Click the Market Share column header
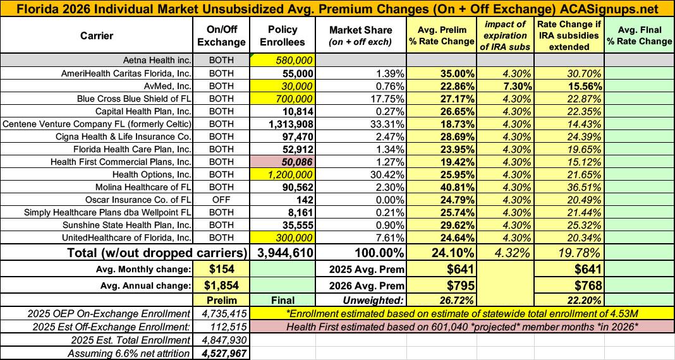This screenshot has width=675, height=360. (360, 35)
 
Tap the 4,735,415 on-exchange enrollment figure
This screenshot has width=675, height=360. (221, 314)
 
